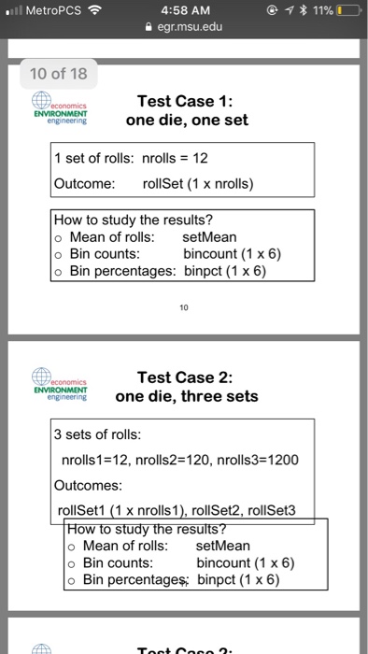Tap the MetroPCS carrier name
[51, 11]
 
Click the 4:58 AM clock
[183, 11]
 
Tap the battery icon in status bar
[347, 11]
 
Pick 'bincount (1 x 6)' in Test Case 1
[232, 253]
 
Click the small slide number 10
[184, 304]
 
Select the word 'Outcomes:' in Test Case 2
[87, 486]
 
